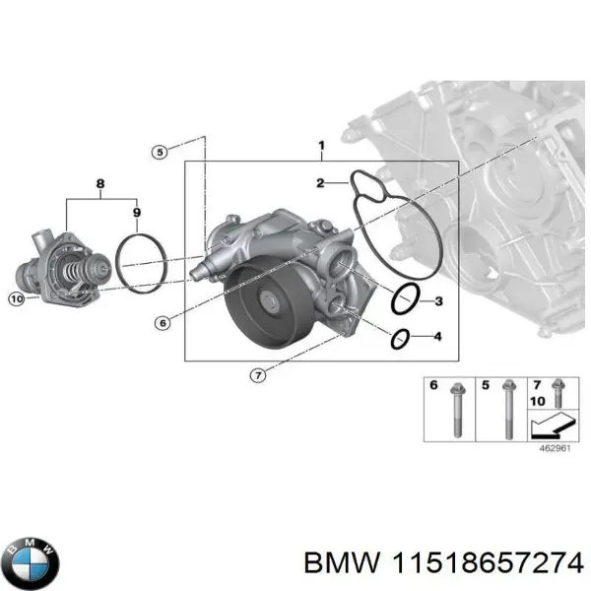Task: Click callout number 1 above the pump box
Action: point(320,147)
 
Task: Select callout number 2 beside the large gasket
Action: point(320,183)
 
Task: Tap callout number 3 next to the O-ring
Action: point(438,300)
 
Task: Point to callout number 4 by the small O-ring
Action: point(438,339)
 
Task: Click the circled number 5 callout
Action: point(160,152)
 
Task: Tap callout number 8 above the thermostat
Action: point(98,183)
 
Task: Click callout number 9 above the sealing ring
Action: point(136,213)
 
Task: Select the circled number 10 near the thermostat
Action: point(16,298)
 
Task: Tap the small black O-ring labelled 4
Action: point(399,339)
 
